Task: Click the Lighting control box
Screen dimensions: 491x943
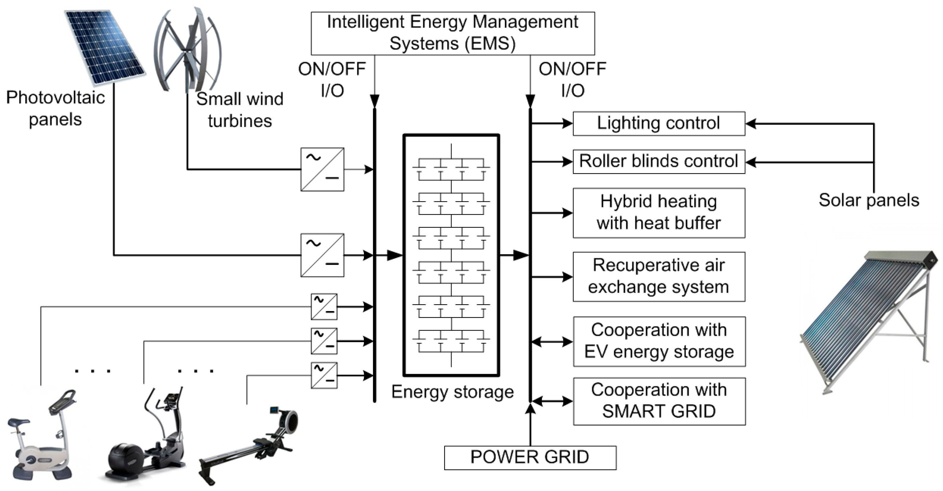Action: coord(658,124)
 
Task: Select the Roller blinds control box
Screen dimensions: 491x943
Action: coord(658,161)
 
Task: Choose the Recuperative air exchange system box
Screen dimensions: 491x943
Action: coord(658,277)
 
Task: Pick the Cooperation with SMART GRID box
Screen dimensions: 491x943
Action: coord(659,401)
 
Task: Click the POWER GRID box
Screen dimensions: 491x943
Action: coord(530,458)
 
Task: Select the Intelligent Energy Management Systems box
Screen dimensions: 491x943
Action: coord(452,33)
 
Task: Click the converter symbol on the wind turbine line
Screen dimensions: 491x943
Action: coord(322,169)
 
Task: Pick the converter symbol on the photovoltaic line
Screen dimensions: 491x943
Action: coord(322,255)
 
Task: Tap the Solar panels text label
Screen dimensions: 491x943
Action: coord(869,200)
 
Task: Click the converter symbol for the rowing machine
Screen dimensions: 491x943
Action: coord(324,375)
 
